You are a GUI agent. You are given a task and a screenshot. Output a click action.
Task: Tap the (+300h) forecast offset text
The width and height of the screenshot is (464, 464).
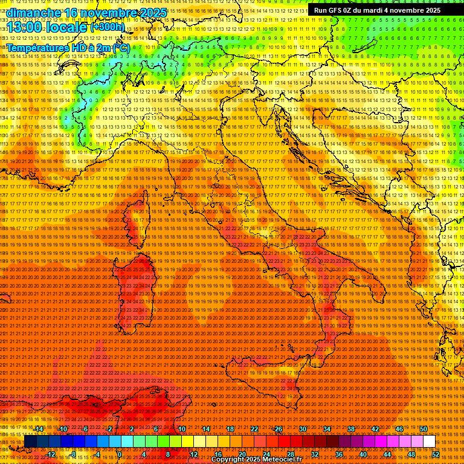tap(108, 27)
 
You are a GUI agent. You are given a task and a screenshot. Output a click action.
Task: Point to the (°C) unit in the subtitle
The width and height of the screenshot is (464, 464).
tap(121, 48)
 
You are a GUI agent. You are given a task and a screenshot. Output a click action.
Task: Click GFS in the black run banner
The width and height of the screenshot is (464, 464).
tap(337, 10)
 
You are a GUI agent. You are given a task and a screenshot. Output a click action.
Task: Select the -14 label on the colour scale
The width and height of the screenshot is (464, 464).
tap(39, 429)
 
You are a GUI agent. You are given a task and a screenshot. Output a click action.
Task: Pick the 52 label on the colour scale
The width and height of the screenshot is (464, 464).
tap(436, 454)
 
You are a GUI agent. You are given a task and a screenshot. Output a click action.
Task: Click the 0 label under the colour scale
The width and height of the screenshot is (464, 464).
tap(120, 454)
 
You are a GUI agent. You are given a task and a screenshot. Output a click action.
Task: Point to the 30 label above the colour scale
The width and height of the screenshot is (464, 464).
tap(302, 429)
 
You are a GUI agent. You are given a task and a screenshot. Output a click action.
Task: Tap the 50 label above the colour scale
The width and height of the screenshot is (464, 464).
tap(424, 429)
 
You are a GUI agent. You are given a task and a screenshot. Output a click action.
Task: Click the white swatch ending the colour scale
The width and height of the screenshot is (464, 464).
tap(429, 442)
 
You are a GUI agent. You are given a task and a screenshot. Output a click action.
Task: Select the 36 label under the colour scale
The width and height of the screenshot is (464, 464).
tap(338, 454)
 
